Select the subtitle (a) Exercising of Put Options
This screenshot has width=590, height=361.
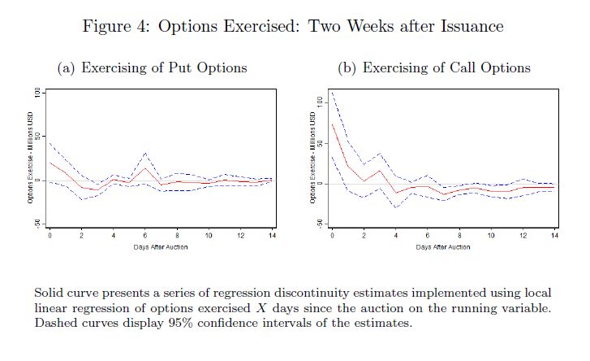coord(151,67)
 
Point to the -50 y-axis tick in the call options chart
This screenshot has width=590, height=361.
coord(321,223)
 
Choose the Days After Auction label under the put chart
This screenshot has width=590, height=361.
coord(161,246)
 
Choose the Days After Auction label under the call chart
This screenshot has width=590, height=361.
coord(442,246)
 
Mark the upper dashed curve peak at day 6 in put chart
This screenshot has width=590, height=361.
coord(145,152)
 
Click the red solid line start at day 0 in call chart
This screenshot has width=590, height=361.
coord(332,124)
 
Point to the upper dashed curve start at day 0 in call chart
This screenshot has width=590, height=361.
coord(332,92)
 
